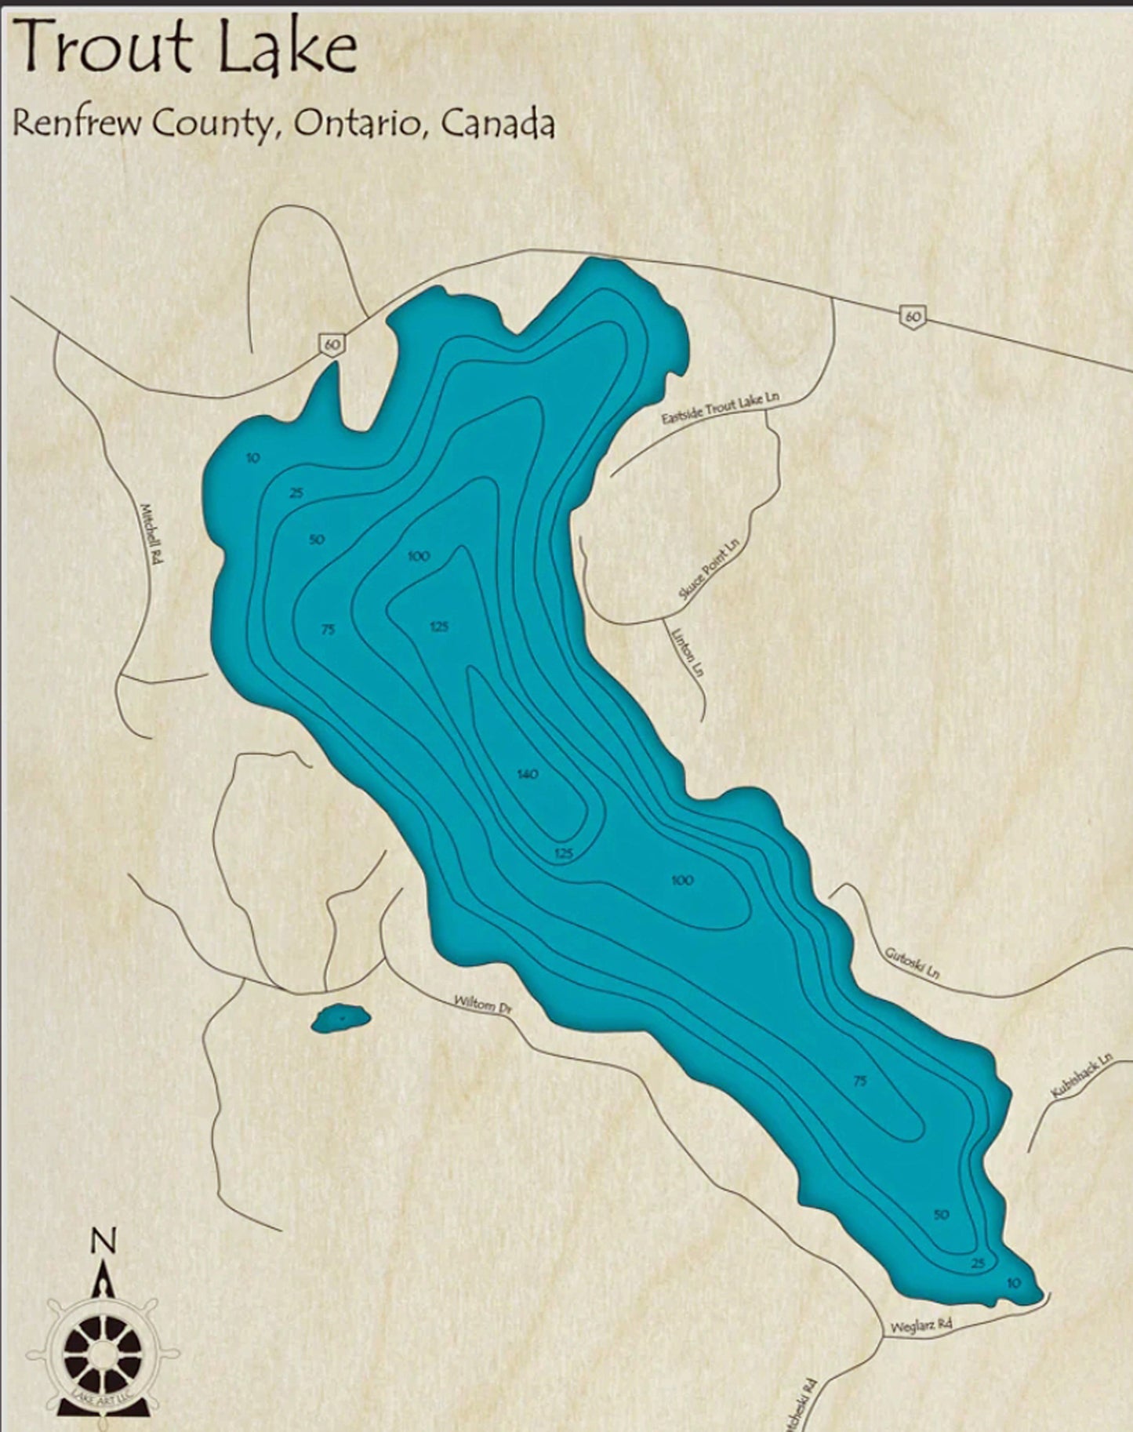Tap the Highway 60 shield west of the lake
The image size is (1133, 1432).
pyautogui.click(x=331, y=343)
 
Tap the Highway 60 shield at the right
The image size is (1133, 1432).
pyautogui.click(x=913, y=316)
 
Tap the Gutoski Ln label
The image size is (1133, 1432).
pyautogui.click(x=912, y=963)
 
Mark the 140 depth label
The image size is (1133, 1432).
pyautogui.click(x=528, y=775)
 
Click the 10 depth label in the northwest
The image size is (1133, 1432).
pyautogui.click(x=252, y=458)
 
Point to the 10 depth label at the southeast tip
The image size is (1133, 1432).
pyautogui.click(x=1014, y=1283)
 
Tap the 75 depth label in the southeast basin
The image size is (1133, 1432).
pyautogui.click(x=859, y=1081)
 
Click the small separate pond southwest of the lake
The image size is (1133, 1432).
pyautogui.click(x=341, y=1018)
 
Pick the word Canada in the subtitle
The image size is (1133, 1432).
pyautogui.click(x=497, y=123)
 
